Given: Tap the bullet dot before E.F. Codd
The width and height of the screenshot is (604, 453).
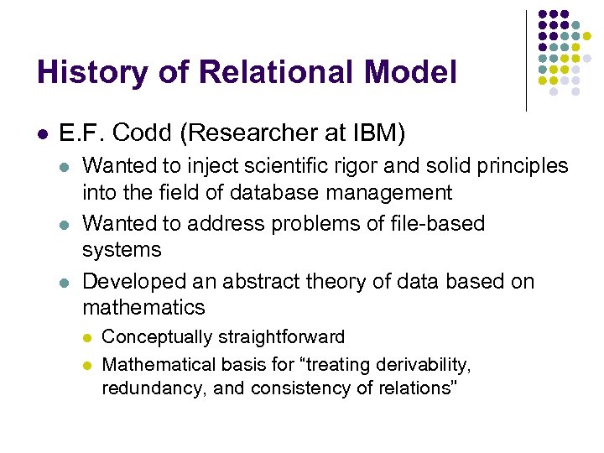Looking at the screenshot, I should point(42,133).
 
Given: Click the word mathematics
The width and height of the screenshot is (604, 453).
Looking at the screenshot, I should point(143,307).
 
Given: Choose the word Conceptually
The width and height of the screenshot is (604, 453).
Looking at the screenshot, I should point(157,337).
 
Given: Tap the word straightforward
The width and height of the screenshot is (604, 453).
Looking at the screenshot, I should point(281,337).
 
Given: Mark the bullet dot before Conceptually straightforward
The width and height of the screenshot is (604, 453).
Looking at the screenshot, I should point(86,338).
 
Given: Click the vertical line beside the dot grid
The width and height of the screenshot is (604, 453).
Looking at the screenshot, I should point(526,60).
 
